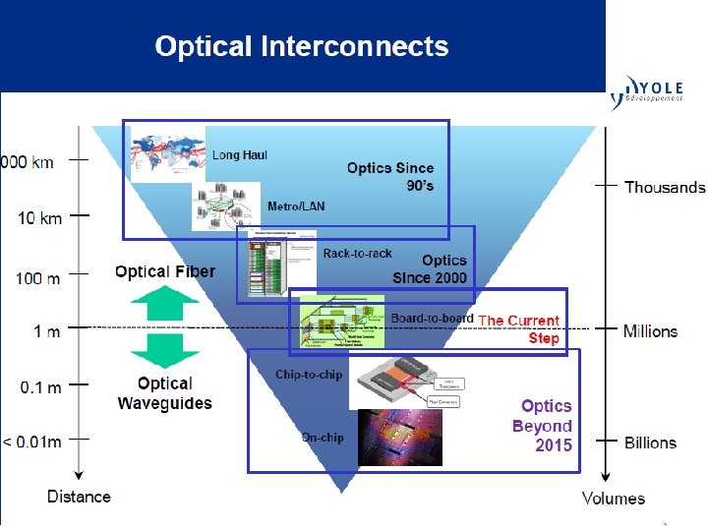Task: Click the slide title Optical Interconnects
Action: pos(301,46)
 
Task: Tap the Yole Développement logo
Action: pos(654,91)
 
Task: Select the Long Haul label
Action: pos(240,155)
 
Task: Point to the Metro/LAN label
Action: pos(296,206)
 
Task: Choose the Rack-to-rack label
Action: pos(357,254)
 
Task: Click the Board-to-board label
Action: pos(432,319)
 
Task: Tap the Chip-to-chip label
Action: pos(308,375)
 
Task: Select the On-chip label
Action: pos(323,438)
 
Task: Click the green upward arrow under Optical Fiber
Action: pos(164,303)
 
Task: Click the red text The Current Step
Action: pos(519,329)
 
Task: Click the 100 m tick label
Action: pos(37,278)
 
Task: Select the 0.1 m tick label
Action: pos(40,386)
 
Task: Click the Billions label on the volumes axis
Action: pos(650,442)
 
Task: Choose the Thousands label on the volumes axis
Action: pos(665,187)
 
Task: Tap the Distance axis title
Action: pos(79,497)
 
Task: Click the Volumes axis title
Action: pos(614,499)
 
